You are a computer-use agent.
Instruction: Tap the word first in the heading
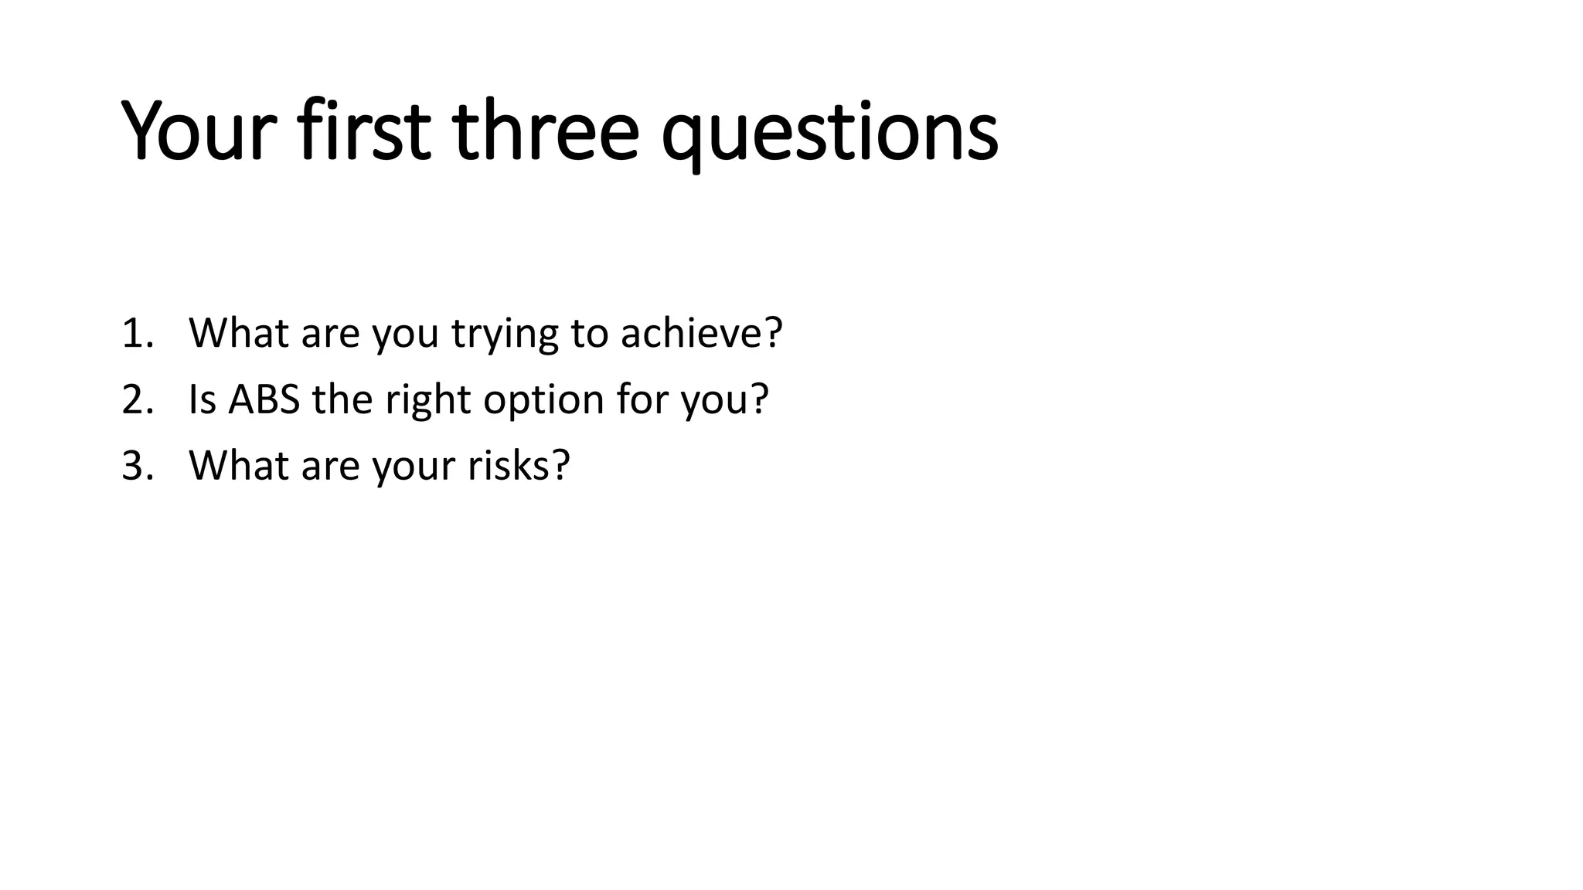pyautogui.click(x=363, y=131)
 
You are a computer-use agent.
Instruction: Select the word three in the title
pyautogui.click(x=546, y=131)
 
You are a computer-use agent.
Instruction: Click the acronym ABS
pyautogui.click(x=264, y=399)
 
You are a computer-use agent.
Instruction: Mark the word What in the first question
pyautogui.click(x=238, y=333)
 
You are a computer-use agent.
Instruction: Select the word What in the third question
pyautogui.click(x=238, y=466)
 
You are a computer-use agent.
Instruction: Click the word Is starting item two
pyautogui.click(x=203, y=399)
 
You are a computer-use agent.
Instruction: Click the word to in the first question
pyautogui.click(x=589, y=334)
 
